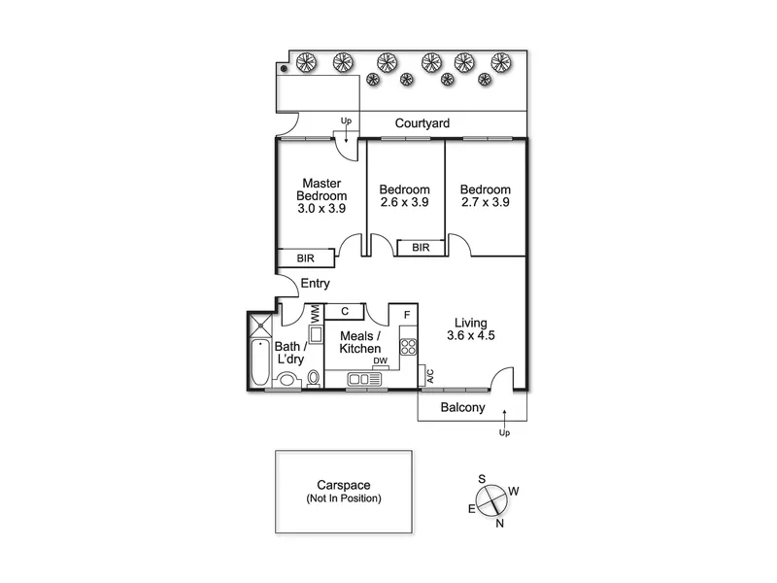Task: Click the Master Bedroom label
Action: click(321, 189)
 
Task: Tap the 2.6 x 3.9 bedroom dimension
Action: click(404, 202)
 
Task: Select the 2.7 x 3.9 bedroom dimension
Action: click(485, 202)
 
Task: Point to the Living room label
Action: click(471, 323)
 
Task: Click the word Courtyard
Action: click(422, 123)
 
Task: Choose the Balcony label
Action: click(463, 407)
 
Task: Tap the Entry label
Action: click(315, 284)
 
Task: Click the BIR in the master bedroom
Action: click(305, 258)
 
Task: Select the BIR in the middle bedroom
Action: click(421, 248)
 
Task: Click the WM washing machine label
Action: click(315, 314)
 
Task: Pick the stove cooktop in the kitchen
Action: click(409, 347)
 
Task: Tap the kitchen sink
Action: click(364, 380)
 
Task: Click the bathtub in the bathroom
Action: click(259, 362)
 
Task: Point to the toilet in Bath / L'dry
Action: click(313, 378)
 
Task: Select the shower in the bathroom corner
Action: click(260, 325)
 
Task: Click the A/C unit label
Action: click(430, 376)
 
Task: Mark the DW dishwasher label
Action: click(381, 360)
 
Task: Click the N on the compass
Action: click(499, 524)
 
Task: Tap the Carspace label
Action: click(344, 485)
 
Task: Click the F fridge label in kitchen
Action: click(407, 315)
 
